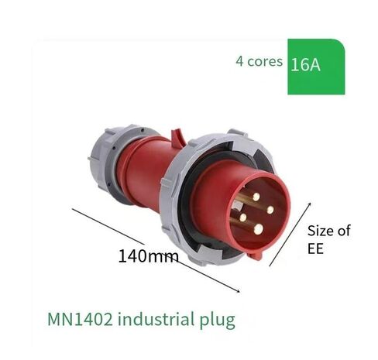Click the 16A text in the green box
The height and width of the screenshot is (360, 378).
305,64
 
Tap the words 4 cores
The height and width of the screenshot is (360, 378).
259,61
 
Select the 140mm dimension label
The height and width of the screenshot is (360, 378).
148,256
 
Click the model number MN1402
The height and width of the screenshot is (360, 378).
80,319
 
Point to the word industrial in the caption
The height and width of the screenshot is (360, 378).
156,319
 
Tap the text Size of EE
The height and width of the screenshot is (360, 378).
328,239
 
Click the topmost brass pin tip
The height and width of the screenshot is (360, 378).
256,197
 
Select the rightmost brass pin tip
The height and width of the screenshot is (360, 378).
270,210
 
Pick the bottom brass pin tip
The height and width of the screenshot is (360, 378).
258,229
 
